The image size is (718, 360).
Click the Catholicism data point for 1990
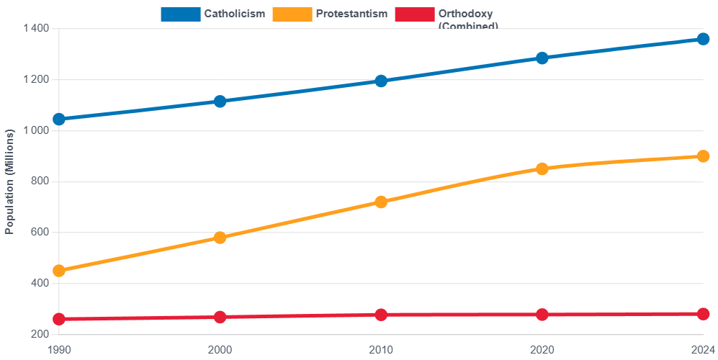[59, 119]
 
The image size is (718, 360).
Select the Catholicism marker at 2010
[381, 81]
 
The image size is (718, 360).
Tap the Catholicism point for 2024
[703, 39]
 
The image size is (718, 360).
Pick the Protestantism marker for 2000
[220, 238]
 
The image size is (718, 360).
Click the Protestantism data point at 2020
[542, 168]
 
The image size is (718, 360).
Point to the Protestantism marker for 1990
[59, 271]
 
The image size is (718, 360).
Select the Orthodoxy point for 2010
[381, 315]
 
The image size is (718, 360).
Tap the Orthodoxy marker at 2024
[703, 314]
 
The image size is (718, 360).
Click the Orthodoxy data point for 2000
[220, 317]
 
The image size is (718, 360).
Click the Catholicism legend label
[234, 14]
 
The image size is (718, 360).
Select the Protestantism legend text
[351, 14]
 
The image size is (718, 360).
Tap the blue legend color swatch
[180, 14]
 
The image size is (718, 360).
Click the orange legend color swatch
[292, 14]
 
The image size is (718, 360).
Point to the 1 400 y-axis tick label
[35, 28]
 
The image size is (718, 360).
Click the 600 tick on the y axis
[40, 232]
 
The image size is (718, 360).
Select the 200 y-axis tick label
[40, 334]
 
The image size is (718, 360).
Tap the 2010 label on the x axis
[381, 349]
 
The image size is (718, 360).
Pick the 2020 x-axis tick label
[542, 349]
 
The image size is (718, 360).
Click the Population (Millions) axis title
[10, 181]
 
